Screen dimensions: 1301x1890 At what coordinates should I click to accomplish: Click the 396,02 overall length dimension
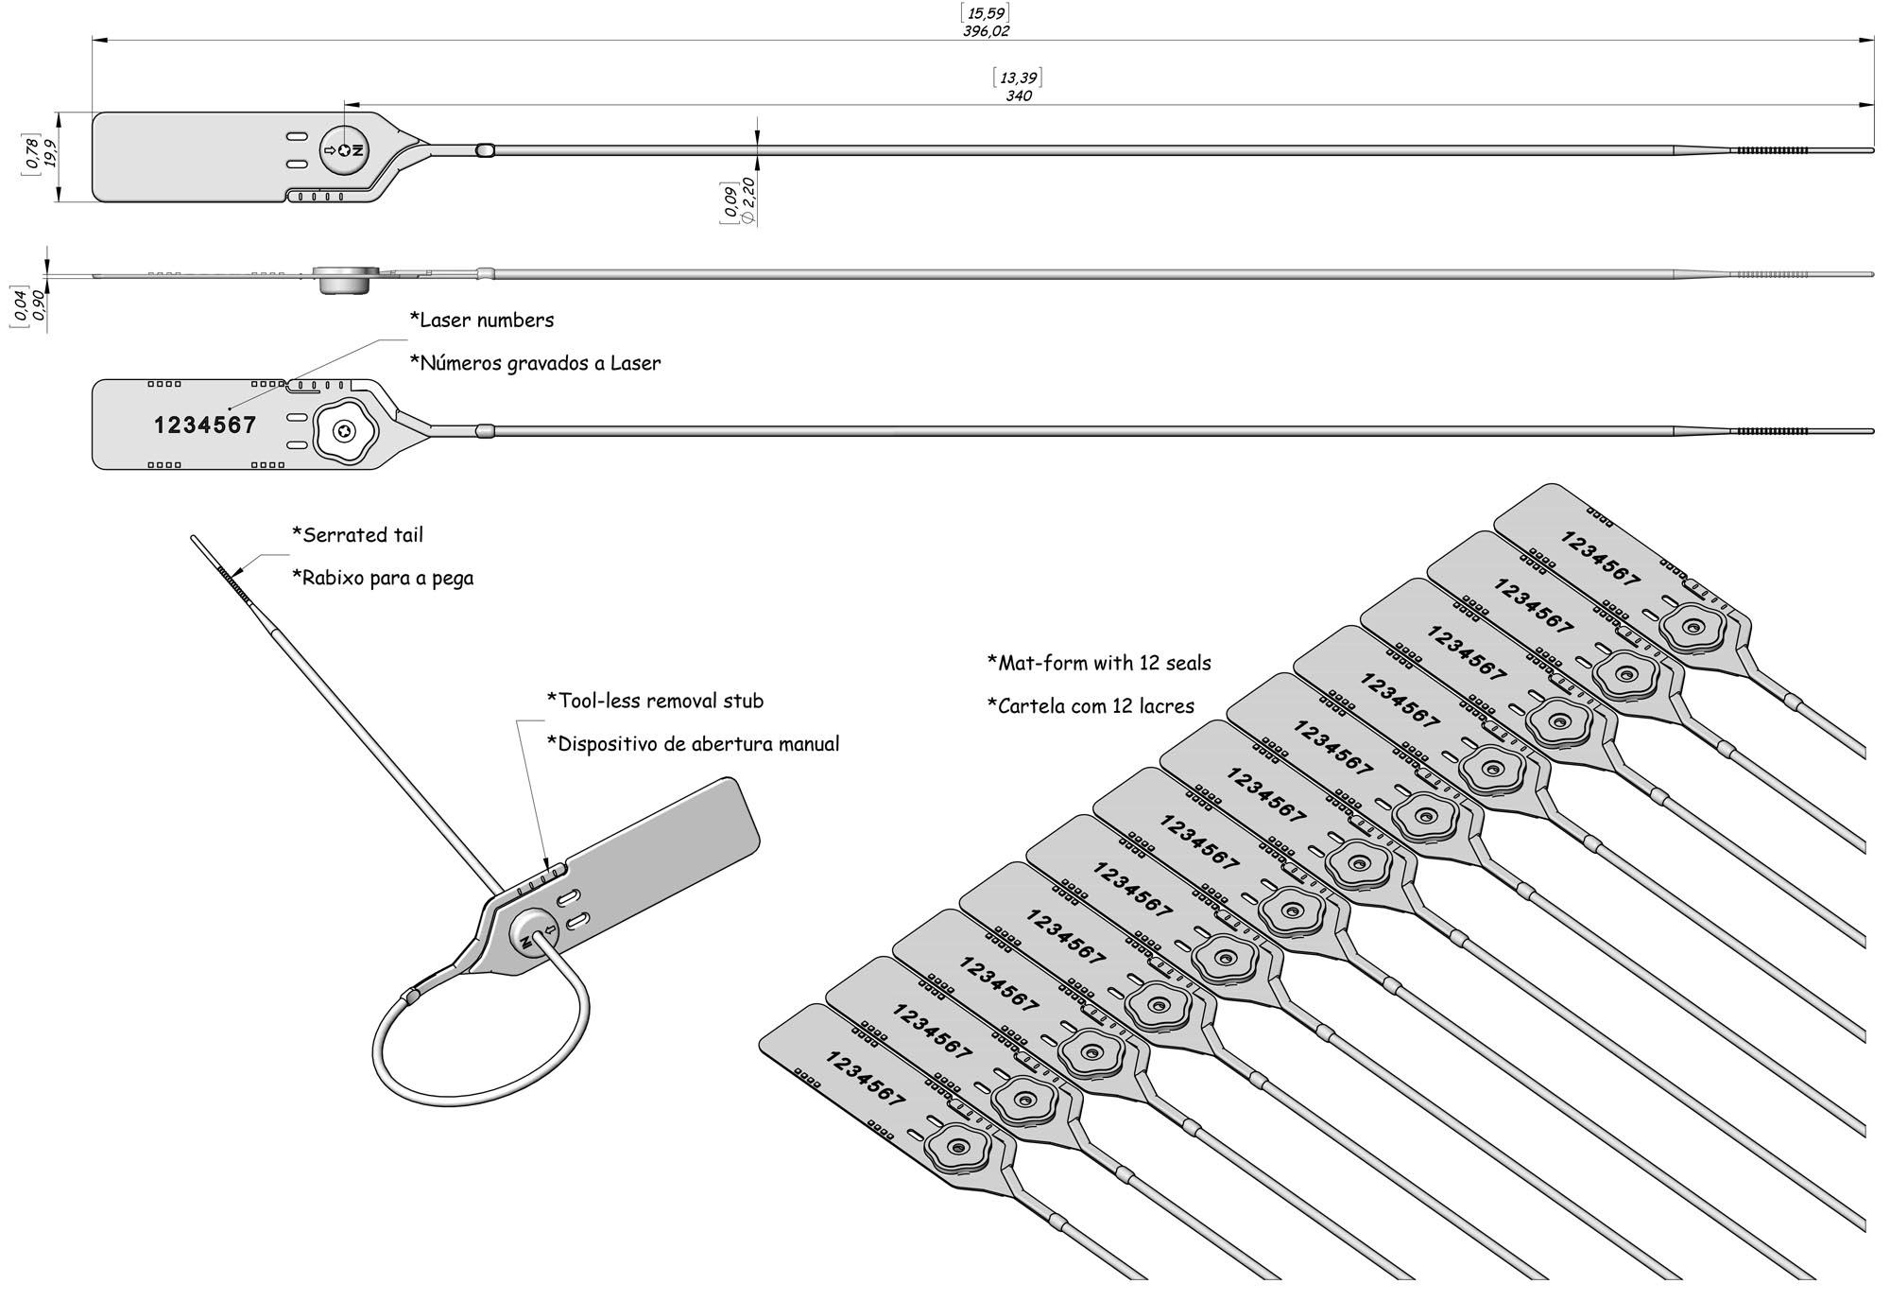985,31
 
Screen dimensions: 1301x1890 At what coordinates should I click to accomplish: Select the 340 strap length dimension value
1019,95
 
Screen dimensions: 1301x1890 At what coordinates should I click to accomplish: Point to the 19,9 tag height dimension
50,153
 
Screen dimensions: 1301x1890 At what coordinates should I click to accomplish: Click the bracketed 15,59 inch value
985,12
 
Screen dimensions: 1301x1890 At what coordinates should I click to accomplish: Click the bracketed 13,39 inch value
1019,78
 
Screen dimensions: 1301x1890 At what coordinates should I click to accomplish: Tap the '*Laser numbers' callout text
482,321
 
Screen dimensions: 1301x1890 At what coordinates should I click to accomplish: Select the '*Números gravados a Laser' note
535,363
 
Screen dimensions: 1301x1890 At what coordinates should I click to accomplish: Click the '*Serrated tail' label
358,535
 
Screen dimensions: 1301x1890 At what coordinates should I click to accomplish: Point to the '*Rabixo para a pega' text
383,578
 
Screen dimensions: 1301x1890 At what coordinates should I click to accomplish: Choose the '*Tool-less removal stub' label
655,701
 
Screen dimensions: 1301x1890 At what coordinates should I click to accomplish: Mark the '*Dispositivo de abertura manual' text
693,744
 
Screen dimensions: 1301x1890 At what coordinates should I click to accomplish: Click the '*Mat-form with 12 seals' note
1099,664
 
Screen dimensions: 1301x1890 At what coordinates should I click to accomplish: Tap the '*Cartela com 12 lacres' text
1091,706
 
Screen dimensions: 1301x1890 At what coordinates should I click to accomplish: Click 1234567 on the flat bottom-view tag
205,425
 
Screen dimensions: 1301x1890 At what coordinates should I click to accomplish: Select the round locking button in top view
344,150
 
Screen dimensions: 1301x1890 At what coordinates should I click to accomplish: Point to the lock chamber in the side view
344,280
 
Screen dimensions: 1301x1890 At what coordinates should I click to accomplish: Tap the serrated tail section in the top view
1769,150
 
